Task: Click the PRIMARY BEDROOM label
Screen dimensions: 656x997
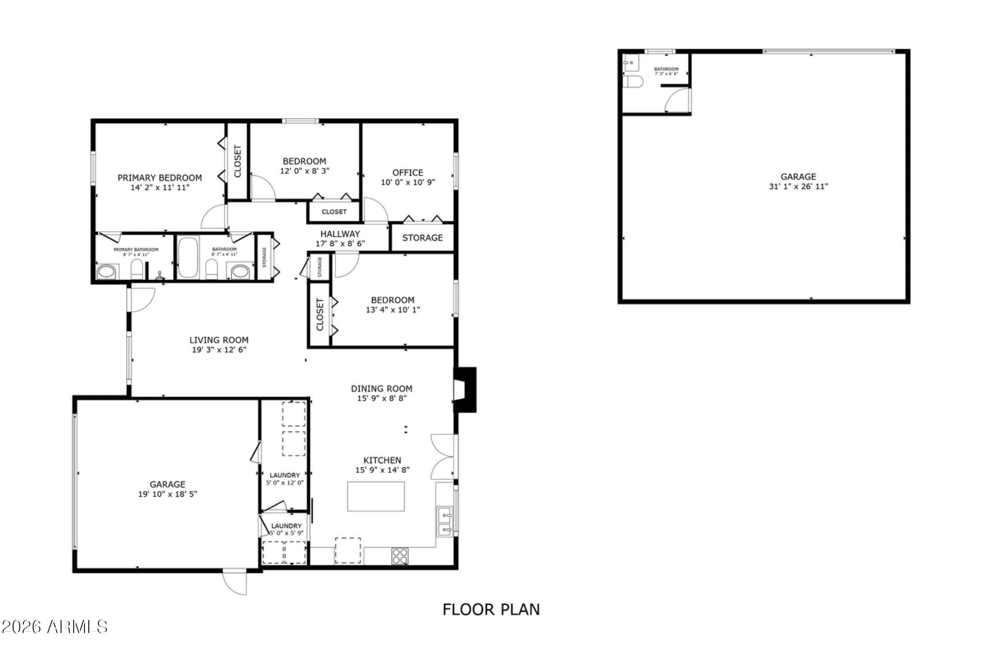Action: click(160, 178)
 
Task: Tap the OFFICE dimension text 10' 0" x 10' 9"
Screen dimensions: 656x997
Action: click(408, 183)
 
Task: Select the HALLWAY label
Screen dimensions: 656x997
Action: click(340, 234)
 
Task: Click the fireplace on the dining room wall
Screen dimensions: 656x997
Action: click(464, 389)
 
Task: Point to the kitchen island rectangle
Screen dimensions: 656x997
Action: click(375, 496)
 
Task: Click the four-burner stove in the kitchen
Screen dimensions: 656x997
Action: click(399, 556)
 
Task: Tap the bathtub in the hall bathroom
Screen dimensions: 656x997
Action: click(188, 257)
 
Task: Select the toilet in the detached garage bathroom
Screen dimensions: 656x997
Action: click(633, 82)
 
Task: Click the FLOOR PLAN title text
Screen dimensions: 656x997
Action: click(491, 610)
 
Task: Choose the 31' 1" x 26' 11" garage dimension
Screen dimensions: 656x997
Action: click(798, 187)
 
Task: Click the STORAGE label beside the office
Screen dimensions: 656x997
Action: click(422, 238)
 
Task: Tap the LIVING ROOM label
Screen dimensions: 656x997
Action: click(219, 340)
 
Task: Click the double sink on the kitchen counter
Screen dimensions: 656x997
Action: click(444, 521)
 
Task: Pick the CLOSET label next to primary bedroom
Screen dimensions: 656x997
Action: click(238, 161)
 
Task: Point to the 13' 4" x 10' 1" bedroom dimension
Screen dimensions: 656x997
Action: click(393, 310)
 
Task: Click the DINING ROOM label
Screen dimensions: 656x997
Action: click(381, 388)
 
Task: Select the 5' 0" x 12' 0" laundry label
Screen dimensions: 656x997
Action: click(284, 483)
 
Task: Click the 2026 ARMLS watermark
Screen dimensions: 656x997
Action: click(54, 627)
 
